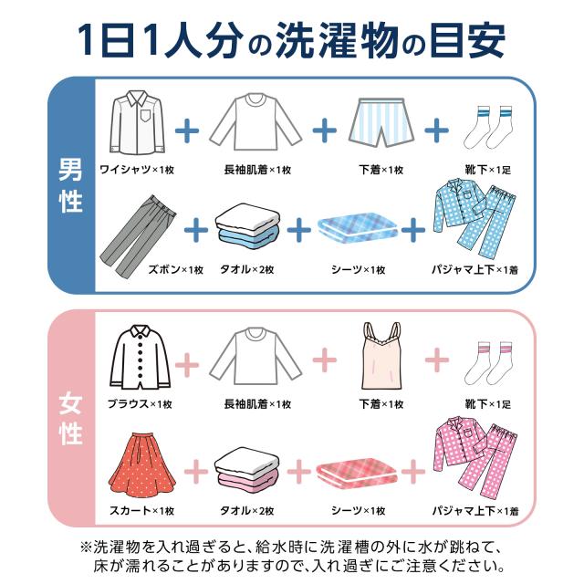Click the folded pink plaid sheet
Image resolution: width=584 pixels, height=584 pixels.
(x=357, y=471)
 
